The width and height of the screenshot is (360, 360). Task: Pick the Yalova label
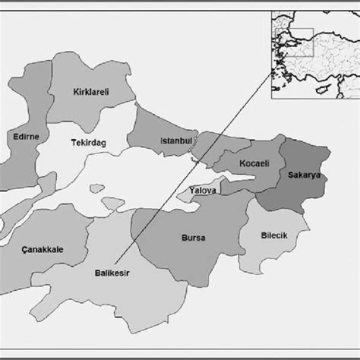[202, 191]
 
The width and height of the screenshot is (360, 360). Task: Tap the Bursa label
[194, 238]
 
